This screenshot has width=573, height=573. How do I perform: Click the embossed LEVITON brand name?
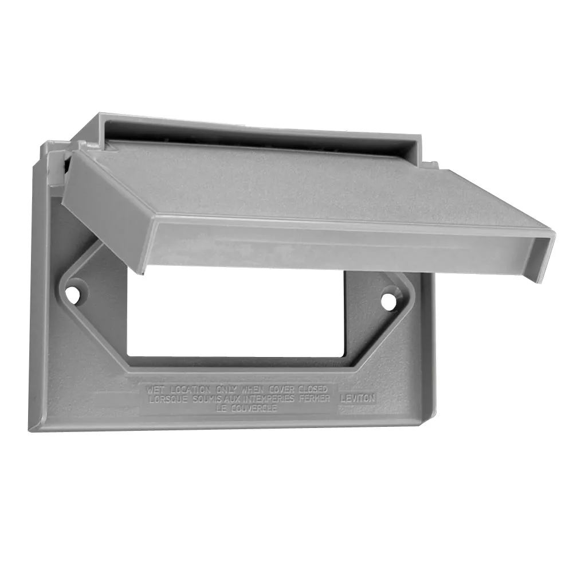[x=358, y=397]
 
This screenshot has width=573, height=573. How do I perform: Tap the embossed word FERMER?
[x=315, y=398]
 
